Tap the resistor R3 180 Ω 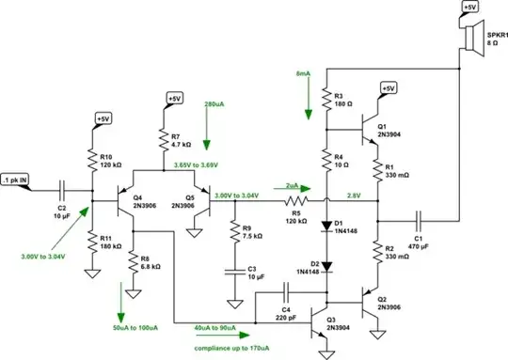(325, 101)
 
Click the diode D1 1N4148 (325, 226)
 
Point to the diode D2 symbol (325, 266)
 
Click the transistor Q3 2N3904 (322, 308)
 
